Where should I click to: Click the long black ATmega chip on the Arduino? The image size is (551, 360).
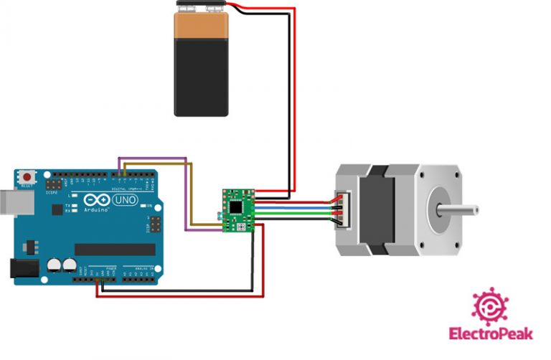tap(115, 249)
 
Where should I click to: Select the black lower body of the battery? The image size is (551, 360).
tap(202, 82)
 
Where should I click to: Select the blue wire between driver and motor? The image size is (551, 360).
tap(294, 207)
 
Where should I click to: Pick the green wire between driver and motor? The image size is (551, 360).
tap(294, 212)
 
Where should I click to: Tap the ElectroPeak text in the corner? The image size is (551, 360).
tap(485, 333)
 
